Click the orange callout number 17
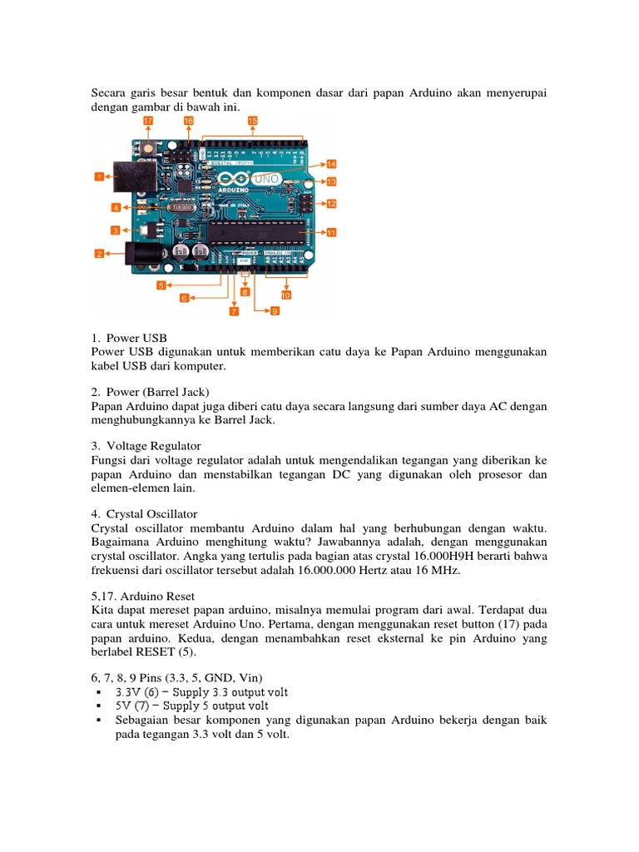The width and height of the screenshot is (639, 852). (148, 121)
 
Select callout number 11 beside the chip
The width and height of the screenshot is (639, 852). (331, 233)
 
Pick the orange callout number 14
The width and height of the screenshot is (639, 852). (331, 165)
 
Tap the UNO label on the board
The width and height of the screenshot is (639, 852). (270, 180)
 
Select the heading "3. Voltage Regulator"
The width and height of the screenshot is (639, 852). (152, 446)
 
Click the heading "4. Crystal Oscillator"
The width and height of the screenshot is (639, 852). (151, 514)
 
